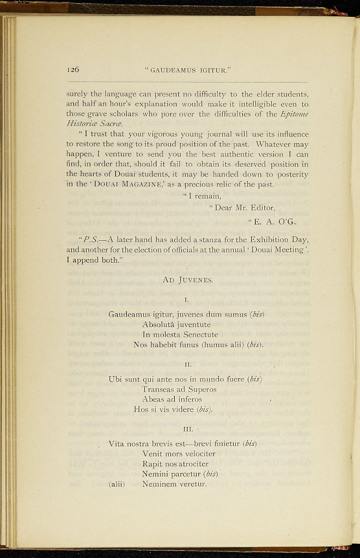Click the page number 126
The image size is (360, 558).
coord(73,70)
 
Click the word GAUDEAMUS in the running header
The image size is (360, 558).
coord(173,70)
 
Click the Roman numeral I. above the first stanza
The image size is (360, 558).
coord(187,300)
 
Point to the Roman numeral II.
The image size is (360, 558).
coord(187,363)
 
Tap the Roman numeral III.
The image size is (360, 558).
coord(187,428)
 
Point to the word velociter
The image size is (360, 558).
coord(196,453)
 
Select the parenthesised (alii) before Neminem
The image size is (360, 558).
coord(117,484)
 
